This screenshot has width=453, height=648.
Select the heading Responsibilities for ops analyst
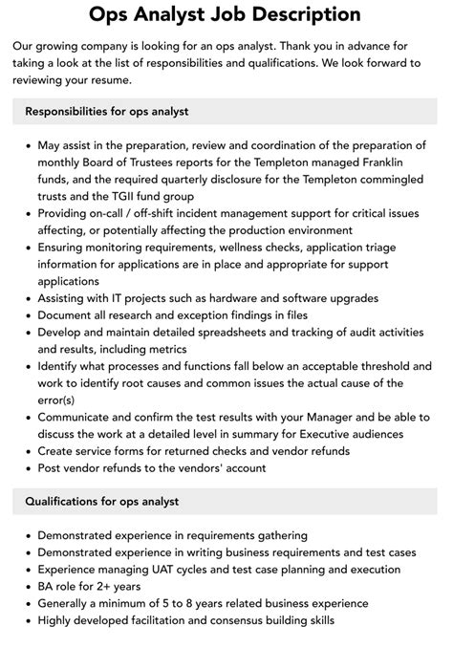click(106, 111)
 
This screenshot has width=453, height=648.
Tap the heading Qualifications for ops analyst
click(102, 501)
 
